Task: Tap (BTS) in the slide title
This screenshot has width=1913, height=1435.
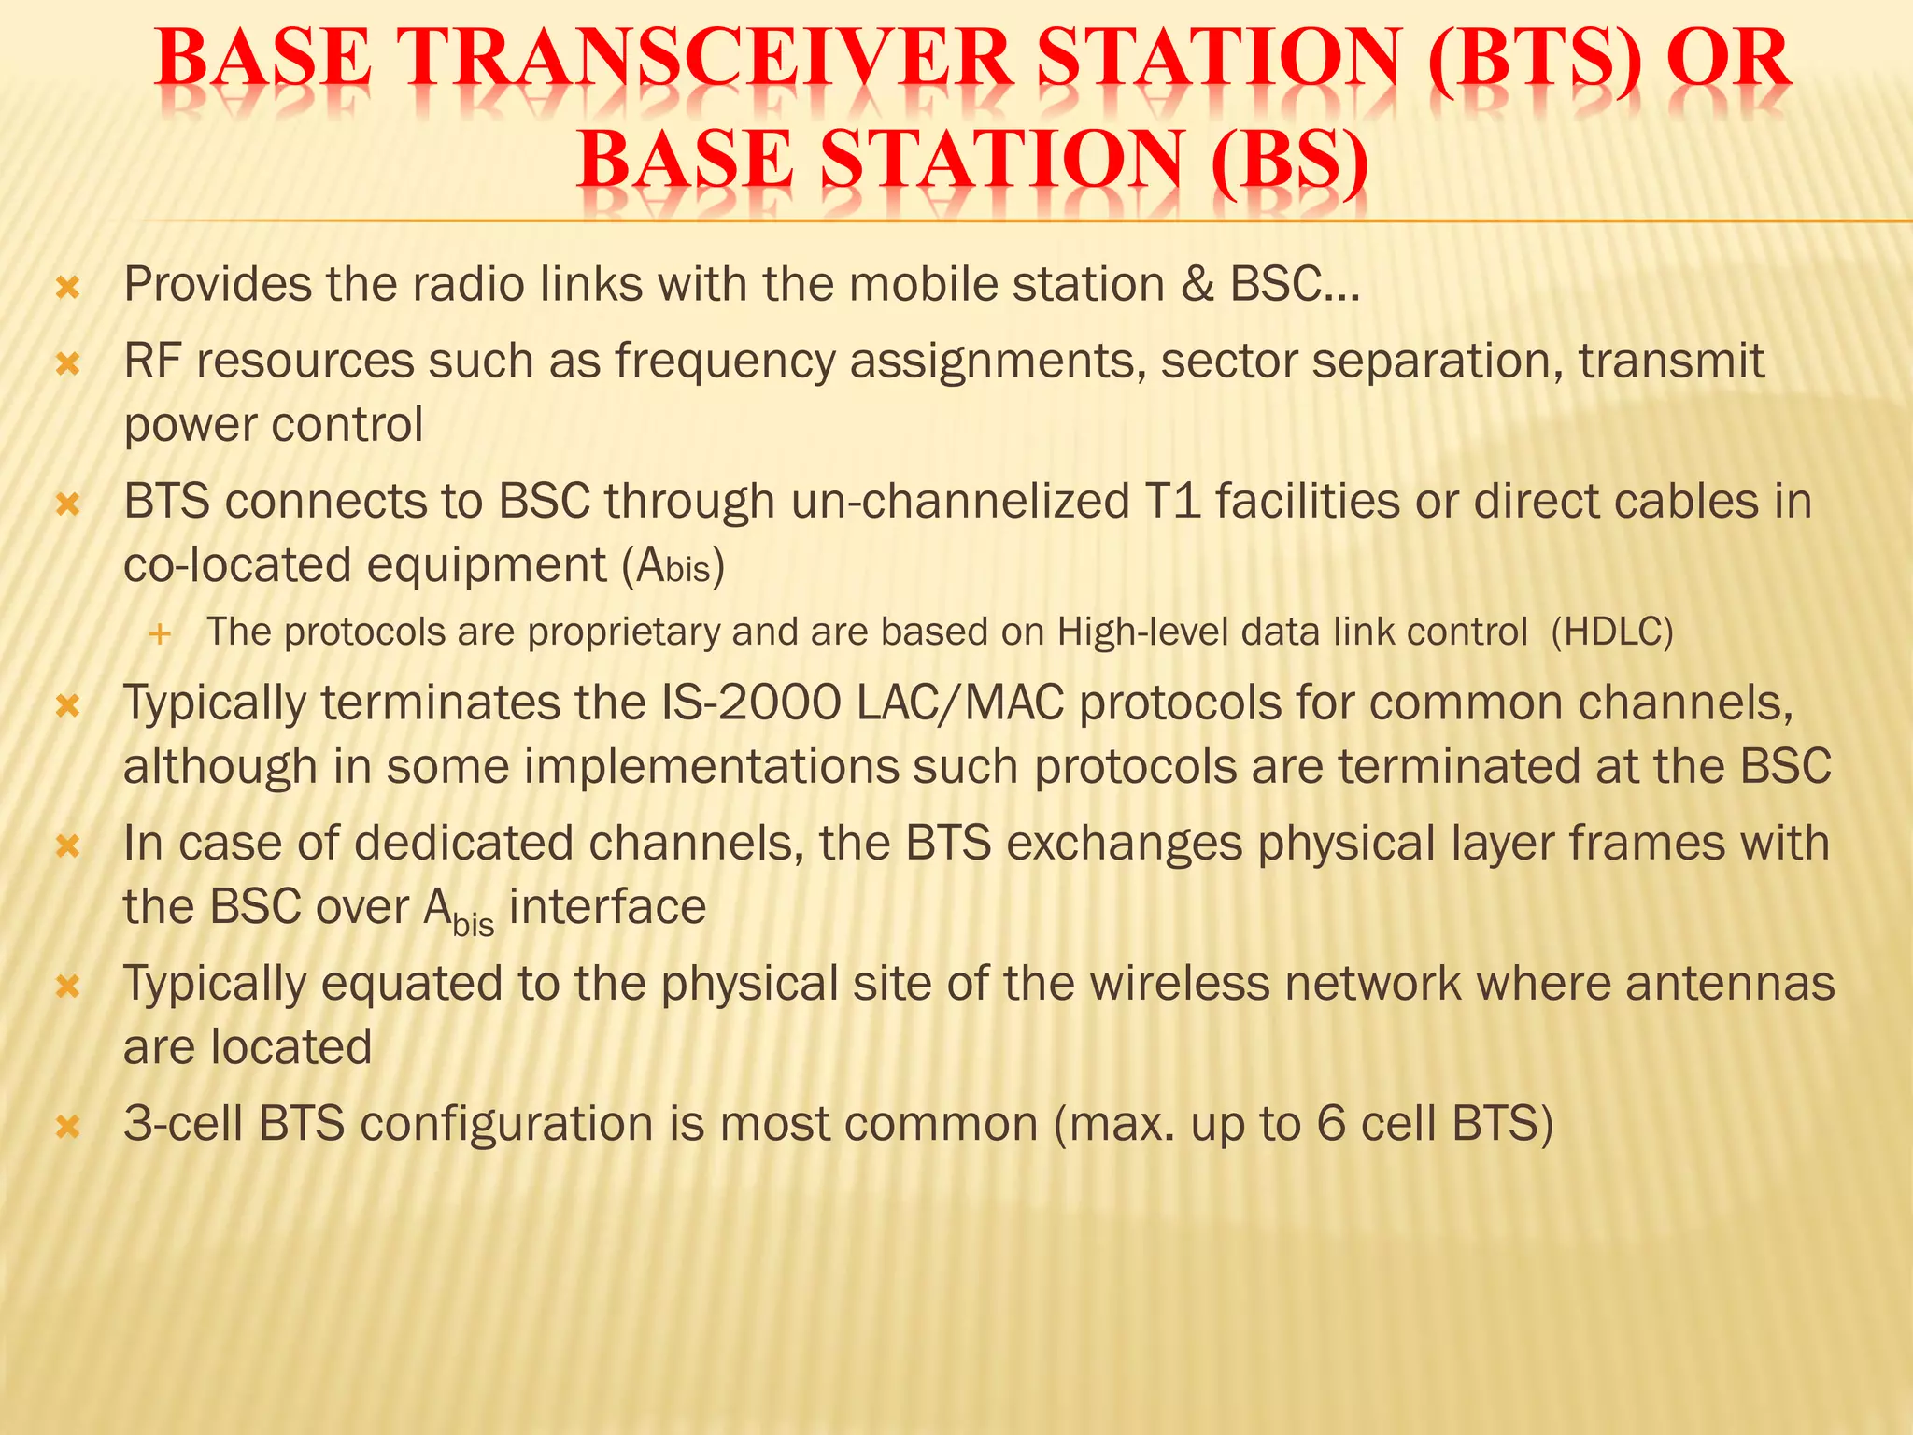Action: click(x=1535, y=61)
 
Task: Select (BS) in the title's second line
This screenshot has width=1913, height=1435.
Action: click(x=1289, y=160)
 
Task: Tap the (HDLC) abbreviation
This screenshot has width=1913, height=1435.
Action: click(x=1611, y=632)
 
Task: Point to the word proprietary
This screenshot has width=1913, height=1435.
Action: click(x=624, y=633)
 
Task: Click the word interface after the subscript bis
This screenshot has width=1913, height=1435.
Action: click(x=607, y=907)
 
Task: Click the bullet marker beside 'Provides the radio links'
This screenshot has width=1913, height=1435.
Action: click(x=68, y=287)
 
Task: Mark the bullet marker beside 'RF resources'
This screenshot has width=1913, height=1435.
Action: click(x=68, y=363)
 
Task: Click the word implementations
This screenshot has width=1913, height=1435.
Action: click(x=710, y=768)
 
